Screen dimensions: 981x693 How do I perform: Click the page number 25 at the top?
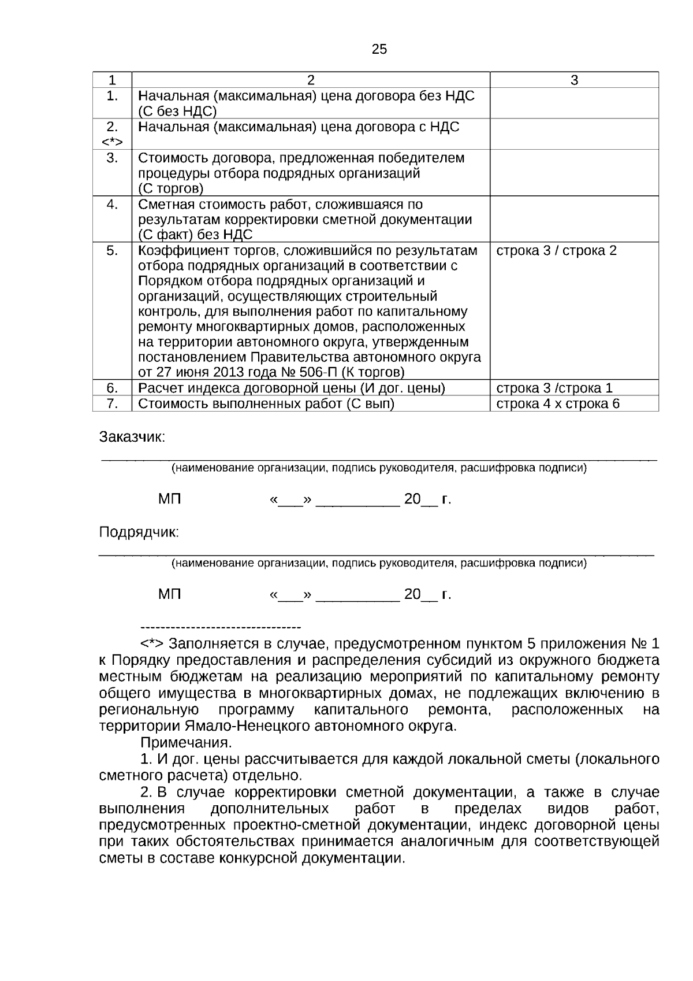(379, 49)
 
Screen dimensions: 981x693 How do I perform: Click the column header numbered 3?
(574, 80)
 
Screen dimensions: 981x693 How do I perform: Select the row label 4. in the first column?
(112, 204)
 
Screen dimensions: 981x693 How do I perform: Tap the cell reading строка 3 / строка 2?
(556, 251)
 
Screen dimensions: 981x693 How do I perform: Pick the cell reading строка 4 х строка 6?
(557, 403)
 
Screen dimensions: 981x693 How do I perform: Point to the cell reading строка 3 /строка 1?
(554, 388)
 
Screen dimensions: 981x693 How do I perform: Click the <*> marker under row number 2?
(112, 142)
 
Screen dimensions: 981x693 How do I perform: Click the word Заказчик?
(132, 437)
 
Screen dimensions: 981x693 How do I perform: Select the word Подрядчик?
(139, 532)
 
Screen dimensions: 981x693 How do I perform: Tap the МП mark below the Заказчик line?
(170, 499)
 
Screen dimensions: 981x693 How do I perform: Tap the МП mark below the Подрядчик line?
(170, 594)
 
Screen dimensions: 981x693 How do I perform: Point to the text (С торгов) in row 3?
(170, 188)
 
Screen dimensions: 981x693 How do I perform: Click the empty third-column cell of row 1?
(574, 103)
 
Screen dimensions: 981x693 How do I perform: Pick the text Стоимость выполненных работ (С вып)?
(266, 403)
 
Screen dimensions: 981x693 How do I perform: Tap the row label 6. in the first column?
(112, 388)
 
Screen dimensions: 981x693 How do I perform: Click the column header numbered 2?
(311, 80)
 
